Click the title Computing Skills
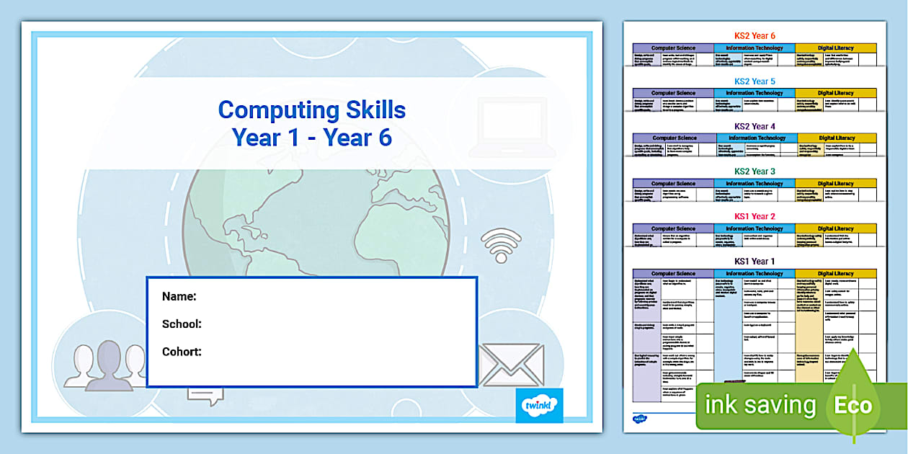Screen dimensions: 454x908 point(311,110)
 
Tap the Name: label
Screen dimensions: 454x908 point(179,296)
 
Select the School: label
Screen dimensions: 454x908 point(182,324)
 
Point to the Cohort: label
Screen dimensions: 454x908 point(182,352)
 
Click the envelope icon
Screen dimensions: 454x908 point(512,364)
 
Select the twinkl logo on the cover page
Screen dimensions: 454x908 point(540,406)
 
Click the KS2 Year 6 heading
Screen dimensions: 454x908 point(755,35)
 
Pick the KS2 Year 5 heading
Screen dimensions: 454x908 point(755,81)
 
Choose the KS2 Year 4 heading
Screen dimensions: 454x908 point(755,126)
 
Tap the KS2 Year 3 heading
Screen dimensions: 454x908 point(755,172)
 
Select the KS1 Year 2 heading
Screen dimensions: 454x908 point(755,216)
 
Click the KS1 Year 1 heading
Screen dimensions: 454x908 point(755,261)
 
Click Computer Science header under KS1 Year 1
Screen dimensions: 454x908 point(674,274)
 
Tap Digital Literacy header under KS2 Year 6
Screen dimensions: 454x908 point(835,48)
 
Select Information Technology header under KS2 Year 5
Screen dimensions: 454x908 point(755,93)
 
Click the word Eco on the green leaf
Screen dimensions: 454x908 point(853,405)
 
